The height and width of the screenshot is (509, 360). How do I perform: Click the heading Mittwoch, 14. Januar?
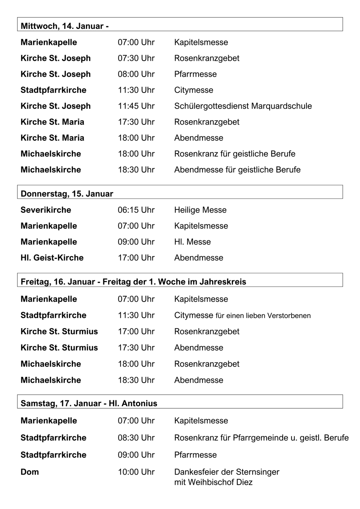[x=64, y=26]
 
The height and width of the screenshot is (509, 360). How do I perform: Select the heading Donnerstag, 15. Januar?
[x=67, y=194]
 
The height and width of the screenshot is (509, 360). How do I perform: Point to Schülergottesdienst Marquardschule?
[x=243, y=106]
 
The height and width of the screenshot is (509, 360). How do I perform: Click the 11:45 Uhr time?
[x=136, y=106]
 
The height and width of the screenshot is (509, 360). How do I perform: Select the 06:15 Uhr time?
[x=136, y=210]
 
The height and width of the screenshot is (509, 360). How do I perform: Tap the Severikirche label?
[x=46, y=210]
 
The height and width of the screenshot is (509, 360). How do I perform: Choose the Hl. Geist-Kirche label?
[x=52, y=258]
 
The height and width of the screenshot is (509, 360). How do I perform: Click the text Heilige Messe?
[x=200, y=210]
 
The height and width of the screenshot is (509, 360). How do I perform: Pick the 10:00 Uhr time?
[x=136, y=472]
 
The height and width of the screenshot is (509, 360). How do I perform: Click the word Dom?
[x=30, y=472]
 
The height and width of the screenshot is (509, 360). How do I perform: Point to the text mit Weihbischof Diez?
[x=213, y=482]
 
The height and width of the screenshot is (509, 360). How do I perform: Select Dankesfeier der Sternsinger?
[x=227, y=472]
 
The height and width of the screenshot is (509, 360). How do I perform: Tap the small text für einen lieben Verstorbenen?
[x=263, y=316]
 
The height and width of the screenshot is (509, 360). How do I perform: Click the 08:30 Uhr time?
[x=136, y=438]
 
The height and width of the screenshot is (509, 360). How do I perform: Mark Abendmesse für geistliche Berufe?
[x=237, y=170]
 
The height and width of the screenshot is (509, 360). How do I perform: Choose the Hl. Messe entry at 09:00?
[x=193, y=242]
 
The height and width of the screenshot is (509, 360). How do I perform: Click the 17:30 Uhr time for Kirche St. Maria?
[x=136, y=122]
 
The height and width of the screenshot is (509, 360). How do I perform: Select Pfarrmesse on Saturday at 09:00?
[x=195, y=455]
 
